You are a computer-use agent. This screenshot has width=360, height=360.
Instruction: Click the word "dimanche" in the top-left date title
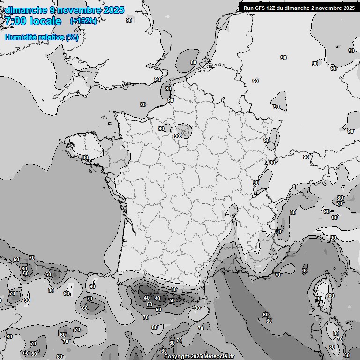click(x=26, y=10)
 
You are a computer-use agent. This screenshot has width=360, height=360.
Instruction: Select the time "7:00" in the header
click(x=15, y=21)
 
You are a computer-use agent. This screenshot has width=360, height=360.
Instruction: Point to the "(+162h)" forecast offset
click(x=83, y=21)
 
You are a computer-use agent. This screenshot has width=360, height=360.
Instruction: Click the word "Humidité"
click(x=19, y=37)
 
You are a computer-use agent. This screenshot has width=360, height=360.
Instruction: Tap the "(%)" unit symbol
click(x=72, y=37)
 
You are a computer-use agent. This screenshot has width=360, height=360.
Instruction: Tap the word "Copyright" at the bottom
click(x=176, y=356)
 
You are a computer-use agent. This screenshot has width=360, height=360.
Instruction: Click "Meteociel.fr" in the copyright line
click(x=218, y=356)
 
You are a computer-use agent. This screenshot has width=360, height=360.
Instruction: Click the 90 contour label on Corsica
click(x=319, y=299)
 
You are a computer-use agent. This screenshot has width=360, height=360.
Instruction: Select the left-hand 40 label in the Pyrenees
click(x=147, y=298)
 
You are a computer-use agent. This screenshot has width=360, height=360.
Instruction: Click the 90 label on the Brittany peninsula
click(x=85, y=157)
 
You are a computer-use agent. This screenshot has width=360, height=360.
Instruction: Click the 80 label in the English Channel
click(x=143, y=105)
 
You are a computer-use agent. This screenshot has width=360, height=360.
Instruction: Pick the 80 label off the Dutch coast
click(x=194, y=62)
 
